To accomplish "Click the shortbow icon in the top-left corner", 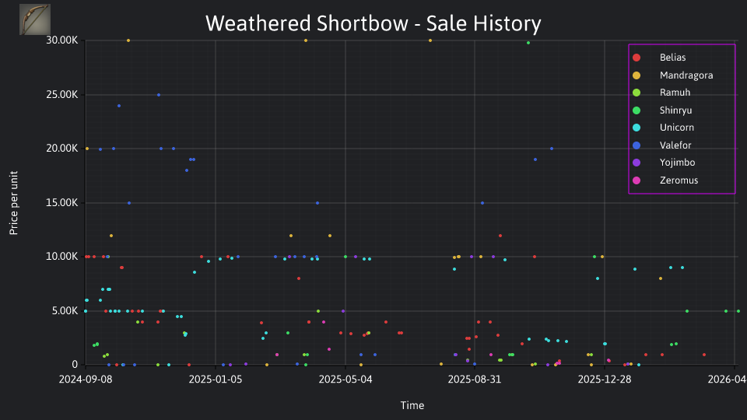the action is click(35, 19).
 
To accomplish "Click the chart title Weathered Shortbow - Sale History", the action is click(373, 23).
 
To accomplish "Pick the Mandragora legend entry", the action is click(672, 75).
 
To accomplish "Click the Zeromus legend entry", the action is click(665, 180).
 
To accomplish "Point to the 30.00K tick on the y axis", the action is click(62, 40).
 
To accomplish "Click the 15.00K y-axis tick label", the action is click(62, 203).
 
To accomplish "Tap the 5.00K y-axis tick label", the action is click(65, 311).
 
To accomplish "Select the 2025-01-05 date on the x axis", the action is click(216, 379).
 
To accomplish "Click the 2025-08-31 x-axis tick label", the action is click(475, 379).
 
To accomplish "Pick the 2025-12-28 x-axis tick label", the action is click(605, 379).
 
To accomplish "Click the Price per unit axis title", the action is click(14, 203).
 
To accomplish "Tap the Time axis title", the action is click(412, 405).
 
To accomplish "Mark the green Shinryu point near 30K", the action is click(528, 43).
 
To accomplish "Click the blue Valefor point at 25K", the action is click(159, 95).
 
